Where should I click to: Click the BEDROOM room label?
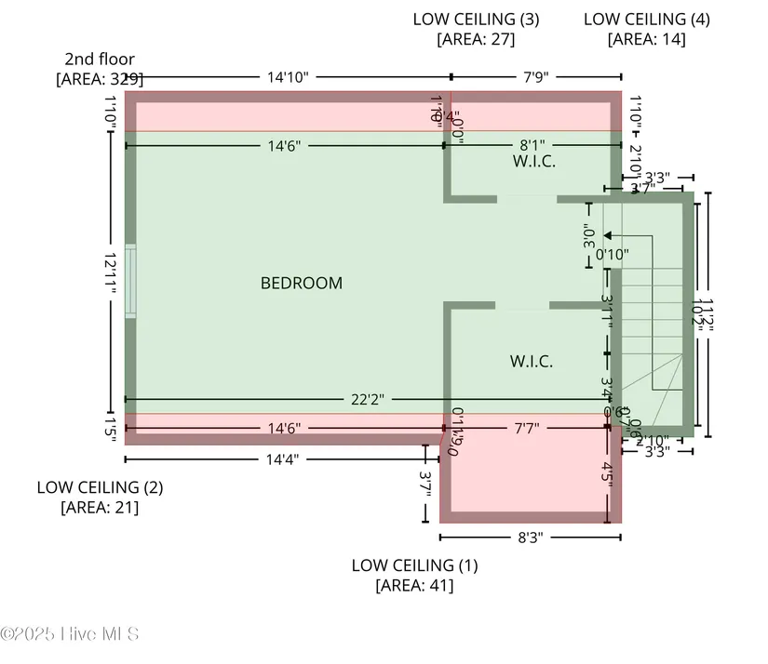point(301,283)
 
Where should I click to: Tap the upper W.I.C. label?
point(534,161)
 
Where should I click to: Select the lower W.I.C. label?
point(531,361)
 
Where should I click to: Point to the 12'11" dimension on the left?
point(110,273)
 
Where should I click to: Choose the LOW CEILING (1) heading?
point(414,564)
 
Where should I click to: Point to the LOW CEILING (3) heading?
point(476,19)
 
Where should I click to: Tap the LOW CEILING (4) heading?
point(646,19)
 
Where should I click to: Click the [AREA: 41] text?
point(414,585)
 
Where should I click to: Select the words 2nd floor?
point(100,60)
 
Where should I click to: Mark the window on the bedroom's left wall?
point(130,282)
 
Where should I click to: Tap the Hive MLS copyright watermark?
point(71,634)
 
